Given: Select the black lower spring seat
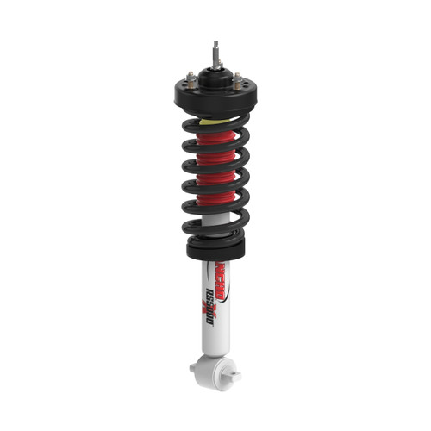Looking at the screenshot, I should pyautogui.click(x=215, y=248).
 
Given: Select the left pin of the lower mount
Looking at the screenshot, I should pyautogui.click(x=195, y=367).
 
